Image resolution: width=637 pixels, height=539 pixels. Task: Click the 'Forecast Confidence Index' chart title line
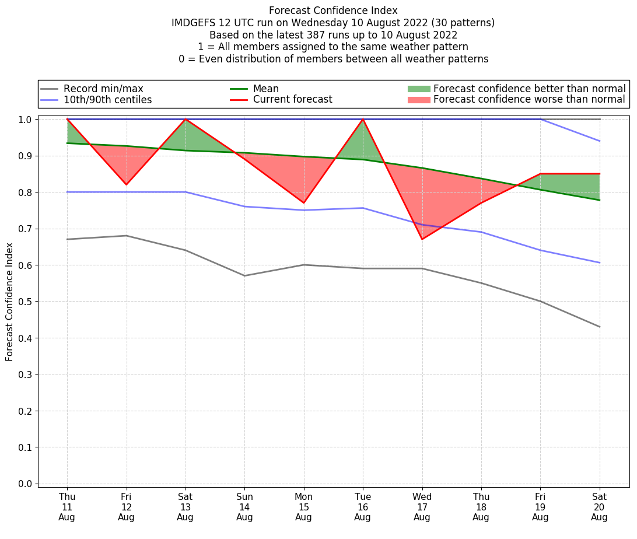tap(333, 10)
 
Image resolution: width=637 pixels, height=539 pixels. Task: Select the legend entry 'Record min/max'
tap(103, 89)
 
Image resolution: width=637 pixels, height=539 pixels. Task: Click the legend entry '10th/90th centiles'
tap(107, 100)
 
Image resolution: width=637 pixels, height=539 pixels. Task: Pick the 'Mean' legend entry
tap(266, 89)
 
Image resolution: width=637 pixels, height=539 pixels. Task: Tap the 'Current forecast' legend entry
tap(292, 100)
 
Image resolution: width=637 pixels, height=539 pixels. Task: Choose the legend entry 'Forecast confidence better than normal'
tap(529, 89)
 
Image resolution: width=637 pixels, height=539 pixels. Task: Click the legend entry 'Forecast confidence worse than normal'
tap(529, 100)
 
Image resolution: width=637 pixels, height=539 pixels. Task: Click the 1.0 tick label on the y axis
tap(25, 119)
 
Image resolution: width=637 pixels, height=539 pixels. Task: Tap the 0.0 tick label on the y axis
tap(25, 484)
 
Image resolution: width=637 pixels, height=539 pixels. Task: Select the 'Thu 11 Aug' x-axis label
tap(67, 507)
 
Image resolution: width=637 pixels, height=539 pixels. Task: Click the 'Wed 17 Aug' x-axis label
tap(422, 507)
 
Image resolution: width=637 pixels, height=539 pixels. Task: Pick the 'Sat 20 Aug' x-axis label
tap(599, 507)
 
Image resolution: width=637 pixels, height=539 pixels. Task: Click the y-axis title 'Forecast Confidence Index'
tap(10, 302)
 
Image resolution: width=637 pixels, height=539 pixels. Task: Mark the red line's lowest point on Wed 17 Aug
tap(422, 239)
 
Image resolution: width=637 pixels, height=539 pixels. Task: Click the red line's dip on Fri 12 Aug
tap(126, 184)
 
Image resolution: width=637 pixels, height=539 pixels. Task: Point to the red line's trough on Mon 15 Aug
tap(303, 203)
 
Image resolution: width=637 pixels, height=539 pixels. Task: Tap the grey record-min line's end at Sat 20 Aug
tap(600, 327)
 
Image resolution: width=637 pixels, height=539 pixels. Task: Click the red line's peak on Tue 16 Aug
tap(363, 119)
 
